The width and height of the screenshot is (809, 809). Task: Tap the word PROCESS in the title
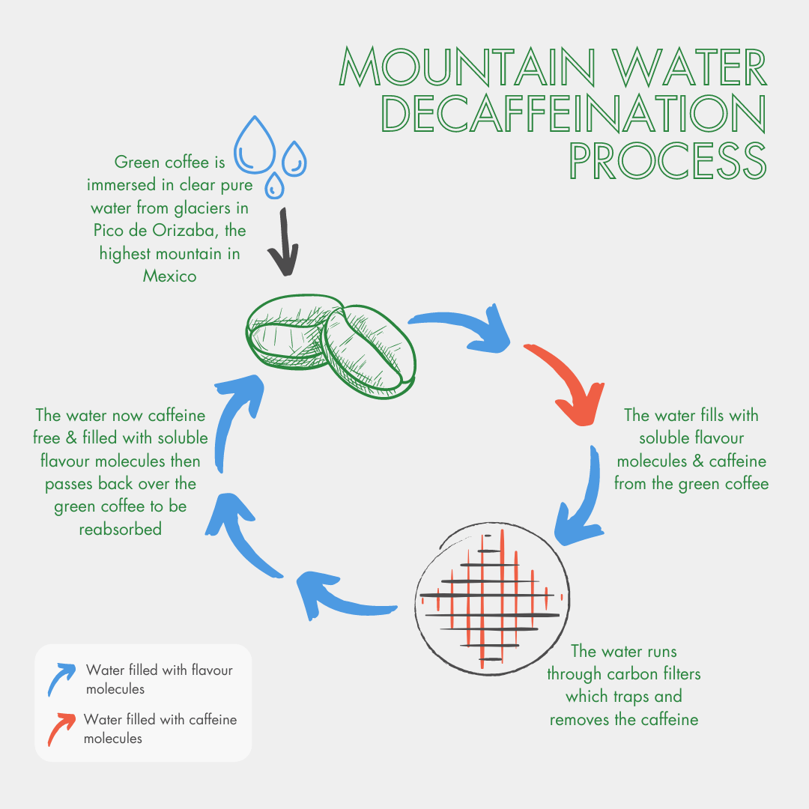tap(667, 157)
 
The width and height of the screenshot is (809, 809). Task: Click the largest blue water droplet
tap(256, 144)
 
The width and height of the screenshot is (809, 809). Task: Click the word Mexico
tap(170, 276)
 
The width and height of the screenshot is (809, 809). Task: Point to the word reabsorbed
tap(120, 530)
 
